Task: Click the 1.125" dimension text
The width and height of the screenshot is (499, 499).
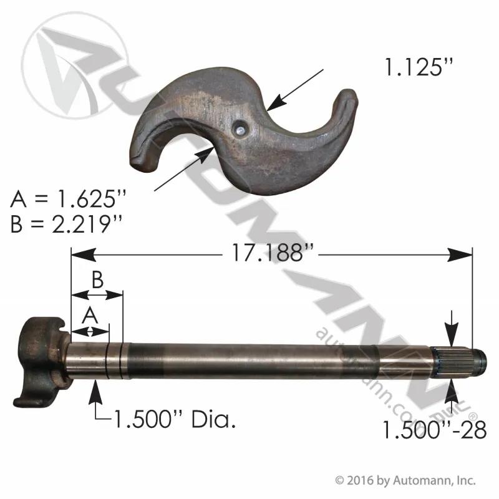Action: [x=418, y=67]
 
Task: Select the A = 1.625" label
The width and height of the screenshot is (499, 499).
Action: [x=68, y=199]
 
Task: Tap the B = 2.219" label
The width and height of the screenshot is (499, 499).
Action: [x=66, y=223]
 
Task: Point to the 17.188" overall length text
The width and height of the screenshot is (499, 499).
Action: [x=273, y=253]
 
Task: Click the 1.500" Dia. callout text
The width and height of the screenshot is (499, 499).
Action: [x=175, y=419]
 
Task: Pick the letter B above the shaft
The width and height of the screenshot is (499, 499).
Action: [x=97, y=279]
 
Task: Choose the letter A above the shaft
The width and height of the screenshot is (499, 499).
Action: [x=90, y=316]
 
